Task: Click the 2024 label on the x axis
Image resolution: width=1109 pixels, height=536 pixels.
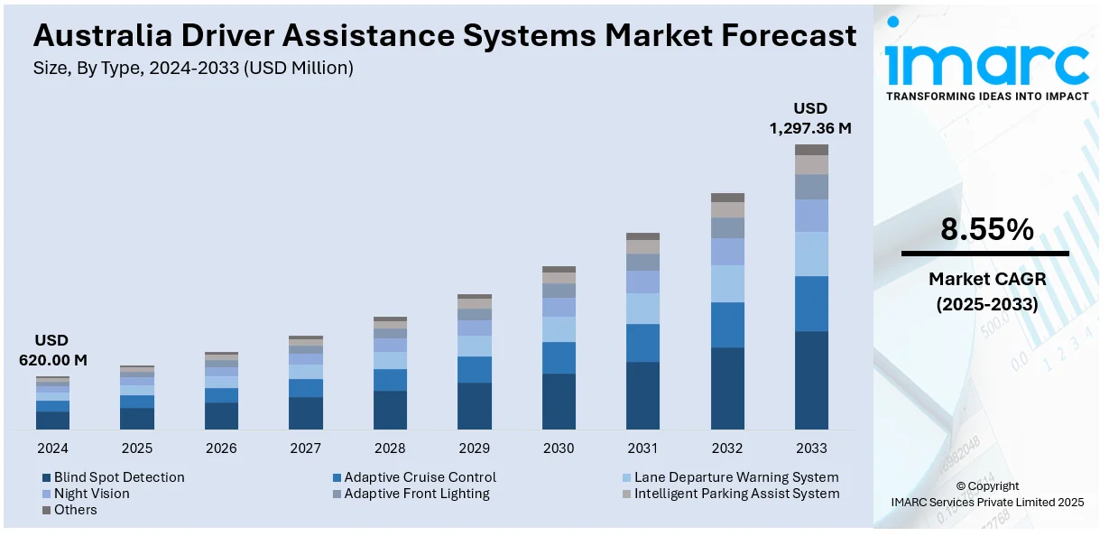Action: click(x=52, y=448)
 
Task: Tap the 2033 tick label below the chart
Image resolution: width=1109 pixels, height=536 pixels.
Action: click(x=811, y=448)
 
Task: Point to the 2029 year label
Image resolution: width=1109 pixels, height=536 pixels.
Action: click(x=474, y=448)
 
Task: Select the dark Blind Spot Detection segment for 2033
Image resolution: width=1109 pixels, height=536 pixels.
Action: click(x=811, y=380)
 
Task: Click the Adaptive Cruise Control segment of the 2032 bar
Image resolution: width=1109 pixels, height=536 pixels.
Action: click(x=727, y=325)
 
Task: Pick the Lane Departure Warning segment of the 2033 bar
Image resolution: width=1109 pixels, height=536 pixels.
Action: click(x=811, y=254)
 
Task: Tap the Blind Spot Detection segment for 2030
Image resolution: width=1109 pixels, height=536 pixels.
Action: click(x=559, y=402)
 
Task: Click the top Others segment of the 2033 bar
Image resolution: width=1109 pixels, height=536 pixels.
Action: click(x=811, y=150)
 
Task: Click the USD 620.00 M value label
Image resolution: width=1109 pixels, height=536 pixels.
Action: click(x=52, y=350)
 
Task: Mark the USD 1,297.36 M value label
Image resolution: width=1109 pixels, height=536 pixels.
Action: click(x=809, y=118)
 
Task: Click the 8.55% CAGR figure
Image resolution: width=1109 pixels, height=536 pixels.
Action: click(x=986, y=230)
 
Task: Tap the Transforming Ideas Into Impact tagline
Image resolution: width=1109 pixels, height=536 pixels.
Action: click(x=986, y=96)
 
